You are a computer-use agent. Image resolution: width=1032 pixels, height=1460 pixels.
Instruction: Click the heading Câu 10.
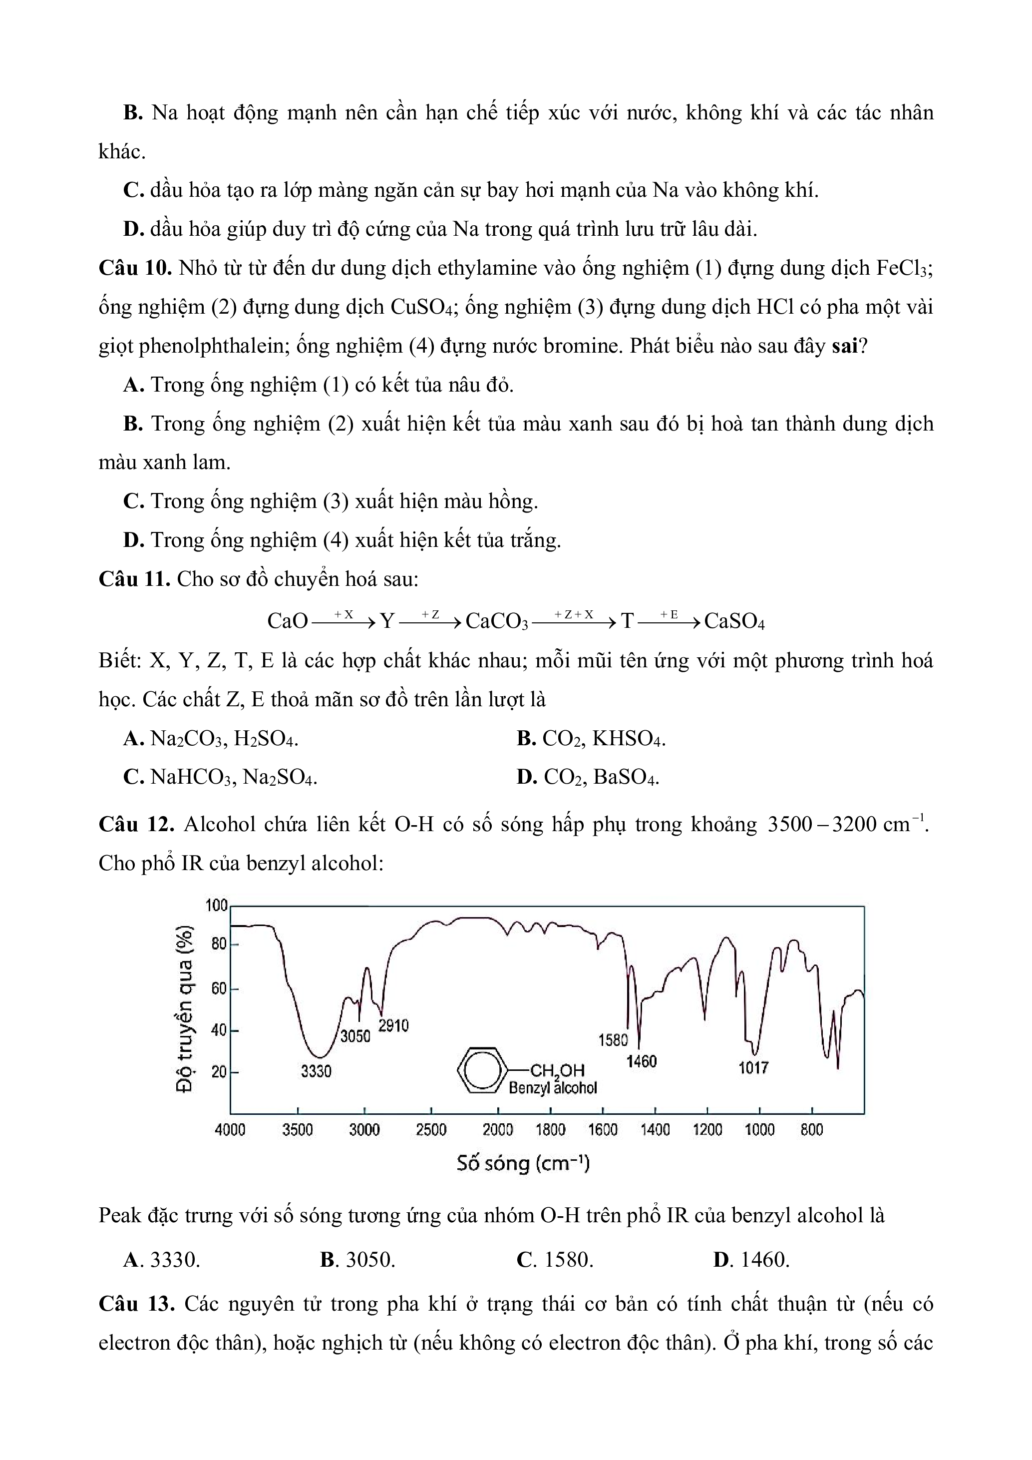pos(135,268)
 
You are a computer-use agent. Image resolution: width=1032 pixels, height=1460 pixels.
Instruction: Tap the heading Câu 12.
pos(136,825)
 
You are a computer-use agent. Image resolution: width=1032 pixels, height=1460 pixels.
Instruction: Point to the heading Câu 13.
pos(136,1304)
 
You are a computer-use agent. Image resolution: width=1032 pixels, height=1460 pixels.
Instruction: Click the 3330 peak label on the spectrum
pos(316,1071)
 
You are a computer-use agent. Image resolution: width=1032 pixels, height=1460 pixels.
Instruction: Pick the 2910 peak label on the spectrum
pos(393,1025)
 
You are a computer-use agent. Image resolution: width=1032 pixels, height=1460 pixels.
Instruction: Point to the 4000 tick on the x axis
pos(230,1129)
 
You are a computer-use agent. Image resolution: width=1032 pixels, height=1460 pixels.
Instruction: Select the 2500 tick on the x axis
pos(431,1129)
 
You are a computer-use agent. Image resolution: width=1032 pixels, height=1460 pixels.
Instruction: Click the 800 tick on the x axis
pos(811,1129)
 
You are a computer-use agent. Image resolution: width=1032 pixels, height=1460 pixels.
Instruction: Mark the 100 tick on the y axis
pos(216,905)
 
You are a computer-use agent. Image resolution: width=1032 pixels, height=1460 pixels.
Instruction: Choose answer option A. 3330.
pos(162,1260)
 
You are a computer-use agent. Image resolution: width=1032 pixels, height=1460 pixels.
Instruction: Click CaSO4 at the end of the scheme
pos(734,621)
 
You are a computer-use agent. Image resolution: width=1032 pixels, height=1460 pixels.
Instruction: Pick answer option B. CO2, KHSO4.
pos(591,738)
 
